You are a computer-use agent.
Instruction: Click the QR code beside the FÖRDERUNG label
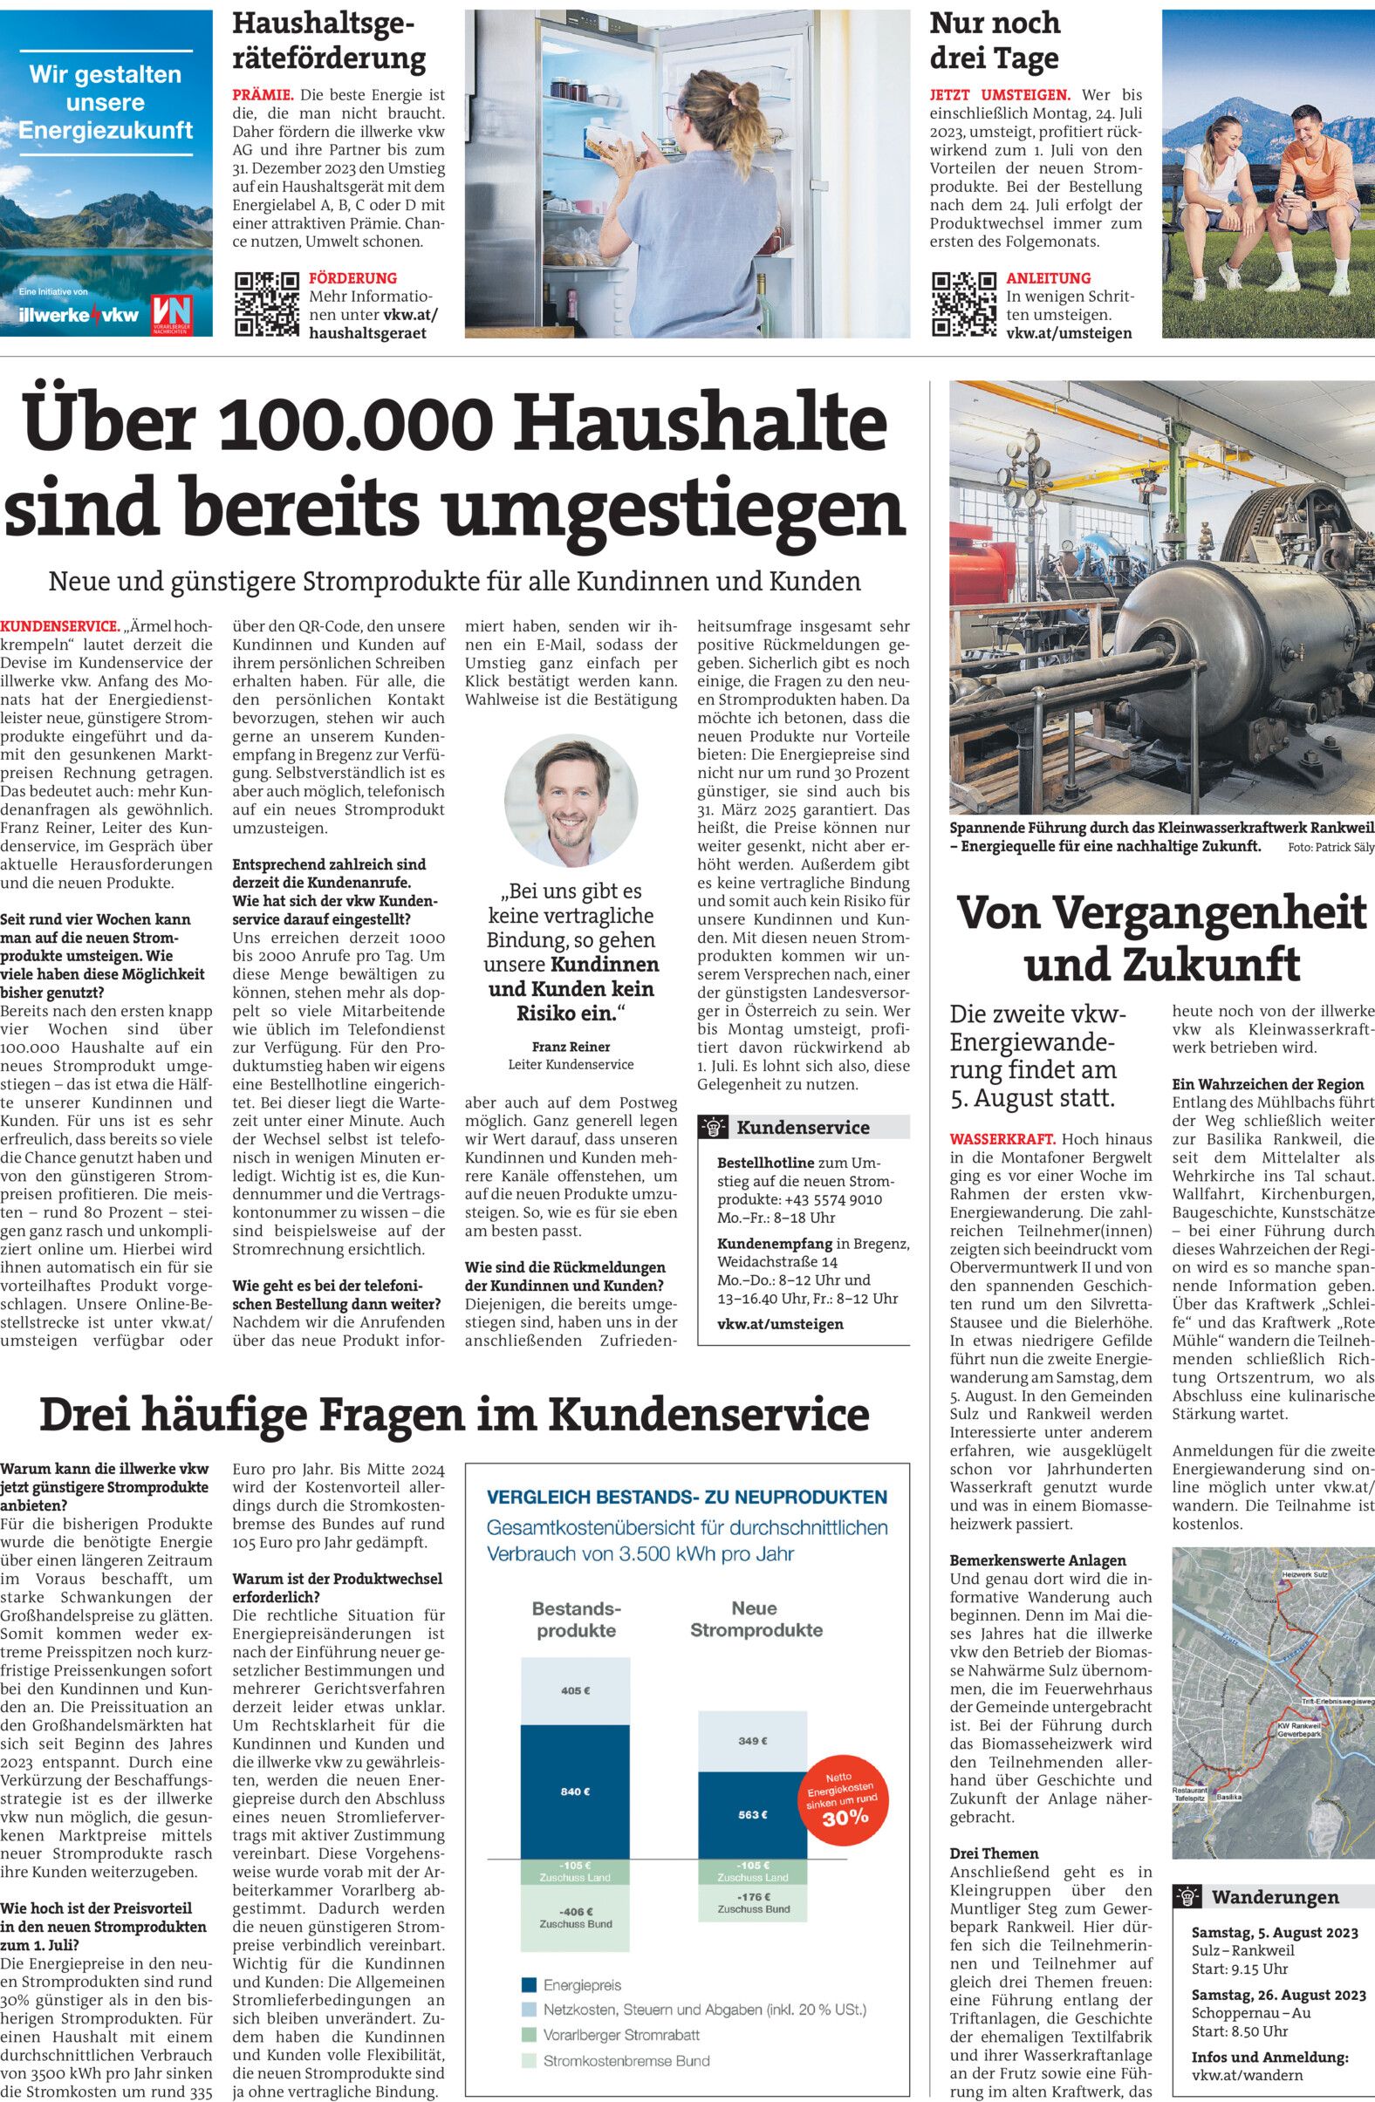(266, 304)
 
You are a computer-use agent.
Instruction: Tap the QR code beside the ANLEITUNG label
(963, 304)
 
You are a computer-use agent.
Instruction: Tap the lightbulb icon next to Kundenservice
(713, 1127)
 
